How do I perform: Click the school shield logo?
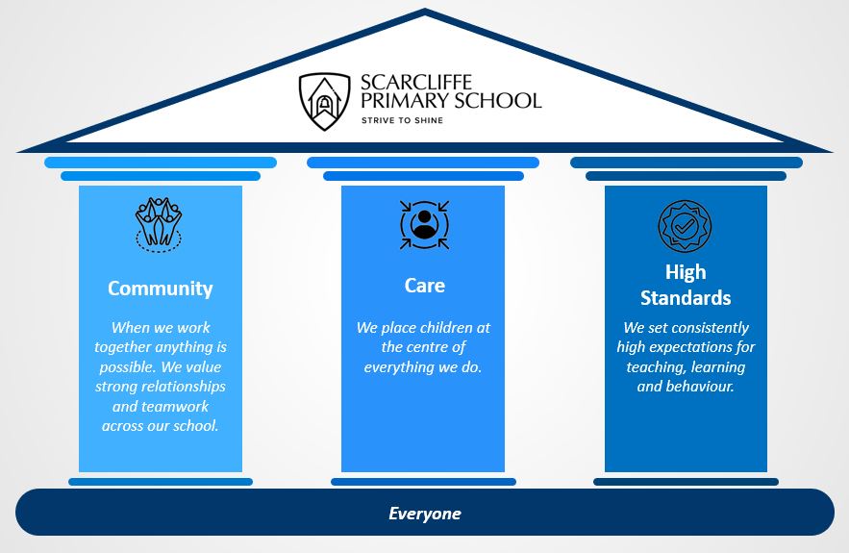click(324, 101)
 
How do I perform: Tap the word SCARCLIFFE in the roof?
click(415, 83)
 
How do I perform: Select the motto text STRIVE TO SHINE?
click(402, 120)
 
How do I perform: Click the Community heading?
click(161, 289)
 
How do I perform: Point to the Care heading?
click(425, 286)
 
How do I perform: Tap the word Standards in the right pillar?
click(686, 298)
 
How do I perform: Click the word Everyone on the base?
click(425, 514)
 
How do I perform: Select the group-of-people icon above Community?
click(158, 225)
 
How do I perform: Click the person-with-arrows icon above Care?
click(425, 225)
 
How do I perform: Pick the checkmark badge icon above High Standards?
click(685, 226)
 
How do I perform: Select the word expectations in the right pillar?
click(690, 347)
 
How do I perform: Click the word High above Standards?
click(686, 272)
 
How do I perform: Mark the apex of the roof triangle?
click(425, 10)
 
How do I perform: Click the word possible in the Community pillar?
click(127, 367)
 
